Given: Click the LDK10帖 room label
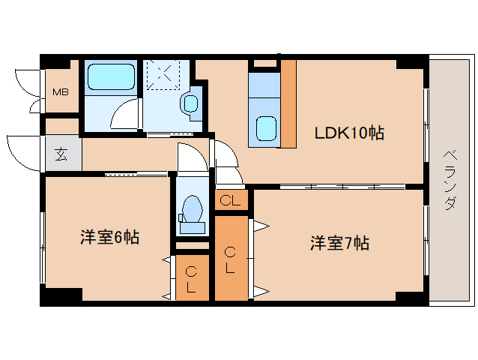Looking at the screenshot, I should click(348, 133).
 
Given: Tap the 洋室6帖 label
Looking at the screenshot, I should click(110, 238).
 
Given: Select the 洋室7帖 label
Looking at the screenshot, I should click(340, 243).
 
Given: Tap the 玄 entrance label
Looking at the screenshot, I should click(60, 156).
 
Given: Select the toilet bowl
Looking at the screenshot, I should click(193, 208).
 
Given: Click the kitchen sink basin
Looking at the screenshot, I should click(265, 128).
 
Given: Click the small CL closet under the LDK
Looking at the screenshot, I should click(231, 200).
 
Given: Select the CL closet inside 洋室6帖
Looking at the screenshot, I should click(191, 279).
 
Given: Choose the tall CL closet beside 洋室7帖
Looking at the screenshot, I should click(230, 259).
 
